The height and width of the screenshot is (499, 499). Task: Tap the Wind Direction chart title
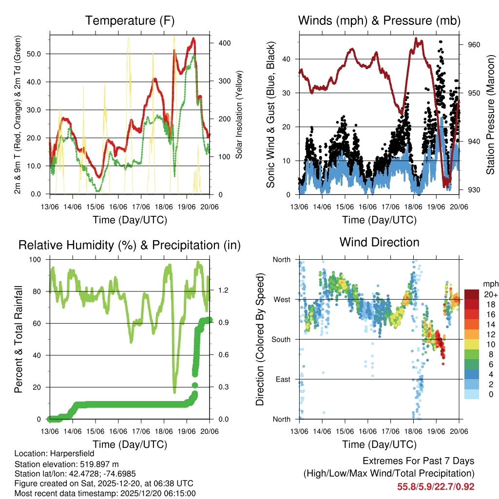coord(379,242)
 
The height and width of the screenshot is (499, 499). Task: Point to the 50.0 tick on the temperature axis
coord(38,54)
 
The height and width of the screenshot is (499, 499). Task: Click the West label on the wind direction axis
coord(282,299)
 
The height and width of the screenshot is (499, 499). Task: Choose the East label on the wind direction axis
coord(282,379)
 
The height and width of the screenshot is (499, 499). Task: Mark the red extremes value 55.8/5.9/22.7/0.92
coord(436,486)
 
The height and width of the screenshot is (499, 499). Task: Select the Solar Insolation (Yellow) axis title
coord(239,115)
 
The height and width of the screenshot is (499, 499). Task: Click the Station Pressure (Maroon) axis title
coord(490,115)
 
